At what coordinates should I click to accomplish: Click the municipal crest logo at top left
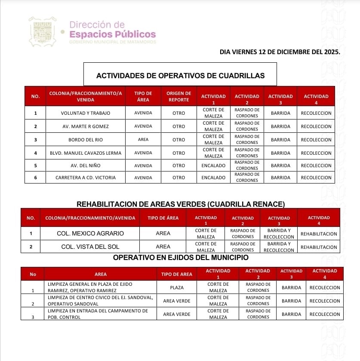tap(42, 31)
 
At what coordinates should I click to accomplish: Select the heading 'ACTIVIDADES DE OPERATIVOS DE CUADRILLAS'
tap(180, 76)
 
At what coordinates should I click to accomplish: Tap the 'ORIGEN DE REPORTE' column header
tap(178, 96)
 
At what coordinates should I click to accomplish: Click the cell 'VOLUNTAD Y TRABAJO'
tap(85, 113)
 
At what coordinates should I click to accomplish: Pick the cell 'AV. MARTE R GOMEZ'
tap(85, 126)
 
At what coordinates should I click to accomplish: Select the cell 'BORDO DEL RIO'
tap(85, 140)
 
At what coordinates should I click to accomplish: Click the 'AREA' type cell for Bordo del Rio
tap(143, 140)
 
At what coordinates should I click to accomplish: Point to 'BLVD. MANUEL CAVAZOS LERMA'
tap(85, 153)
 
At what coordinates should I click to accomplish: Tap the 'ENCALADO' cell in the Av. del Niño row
tap(213, 165)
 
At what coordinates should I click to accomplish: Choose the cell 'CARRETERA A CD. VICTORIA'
tap(85, 177)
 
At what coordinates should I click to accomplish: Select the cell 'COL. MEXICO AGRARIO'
tap(90, 233)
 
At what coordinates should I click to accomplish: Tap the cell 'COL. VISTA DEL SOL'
tap(90, 247)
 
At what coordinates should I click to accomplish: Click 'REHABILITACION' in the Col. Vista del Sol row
tap(319, 247)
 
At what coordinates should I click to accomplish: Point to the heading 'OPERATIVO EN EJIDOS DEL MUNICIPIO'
tap(181, 257)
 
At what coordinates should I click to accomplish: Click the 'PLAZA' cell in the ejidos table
tap(177, 288)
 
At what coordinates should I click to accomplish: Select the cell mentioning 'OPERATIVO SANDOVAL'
tap(100, 300)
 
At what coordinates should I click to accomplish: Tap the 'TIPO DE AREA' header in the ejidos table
tap(177, 274)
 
